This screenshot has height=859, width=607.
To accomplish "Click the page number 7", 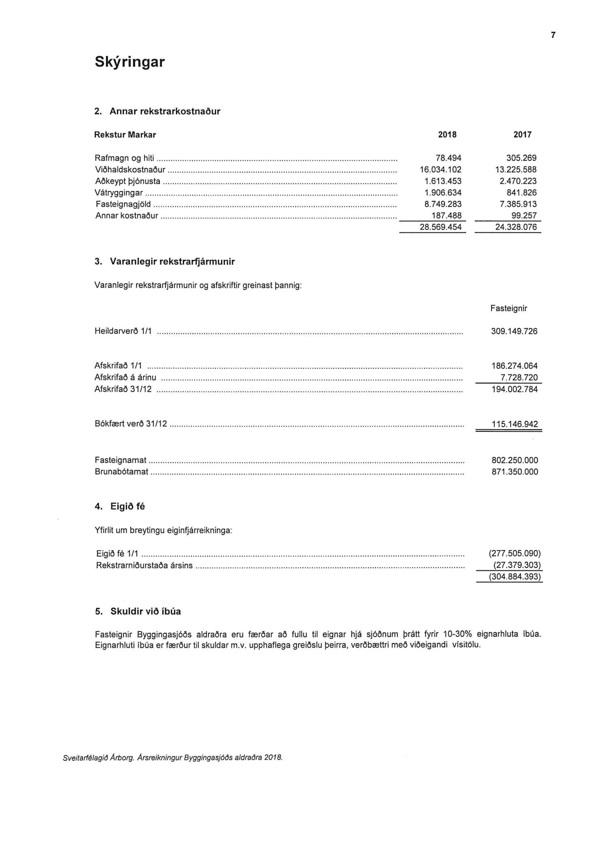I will click(x=553, y=36).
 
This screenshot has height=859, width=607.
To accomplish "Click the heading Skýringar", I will click(x=129, y=62).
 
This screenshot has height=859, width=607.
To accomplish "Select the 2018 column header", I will click(x=447, y=135).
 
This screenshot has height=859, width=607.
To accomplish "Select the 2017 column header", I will click(x=522, y=135).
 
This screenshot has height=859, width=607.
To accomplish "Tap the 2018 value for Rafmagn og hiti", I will click(x=448, y=158).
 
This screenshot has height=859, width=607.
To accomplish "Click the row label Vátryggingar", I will click(x=119, y=193).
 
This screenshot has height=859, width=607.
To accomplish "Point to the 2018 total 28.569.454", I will click(x=440, y=227).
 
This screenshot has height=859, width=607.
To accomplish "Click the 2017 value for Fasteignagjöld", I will click(x=518, y=204).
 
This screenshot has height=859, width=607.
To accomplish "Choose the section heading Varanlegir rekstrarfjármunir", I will click(x=172, y=262).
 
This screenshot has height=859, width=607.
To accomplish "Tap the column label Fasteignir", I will click(x=509, y=308).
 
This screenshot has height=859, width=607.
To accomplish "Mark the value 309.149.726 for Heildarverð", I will click(x=514, y=332).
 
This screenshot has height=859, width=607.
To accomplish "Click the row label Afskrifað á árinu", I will click(x=125, y=378).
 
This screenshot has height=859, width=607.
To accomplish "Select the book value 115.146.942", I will click(x=514, y=424).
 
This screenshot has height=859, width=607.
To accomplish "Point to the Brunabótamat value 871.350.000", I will click(x=514, y=472).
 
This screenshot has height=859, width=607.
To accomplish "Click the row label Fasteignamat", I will click(x=121, y=460).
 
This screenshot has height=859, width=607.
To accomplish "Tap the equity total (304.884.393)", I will click(x=515, y=576).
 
